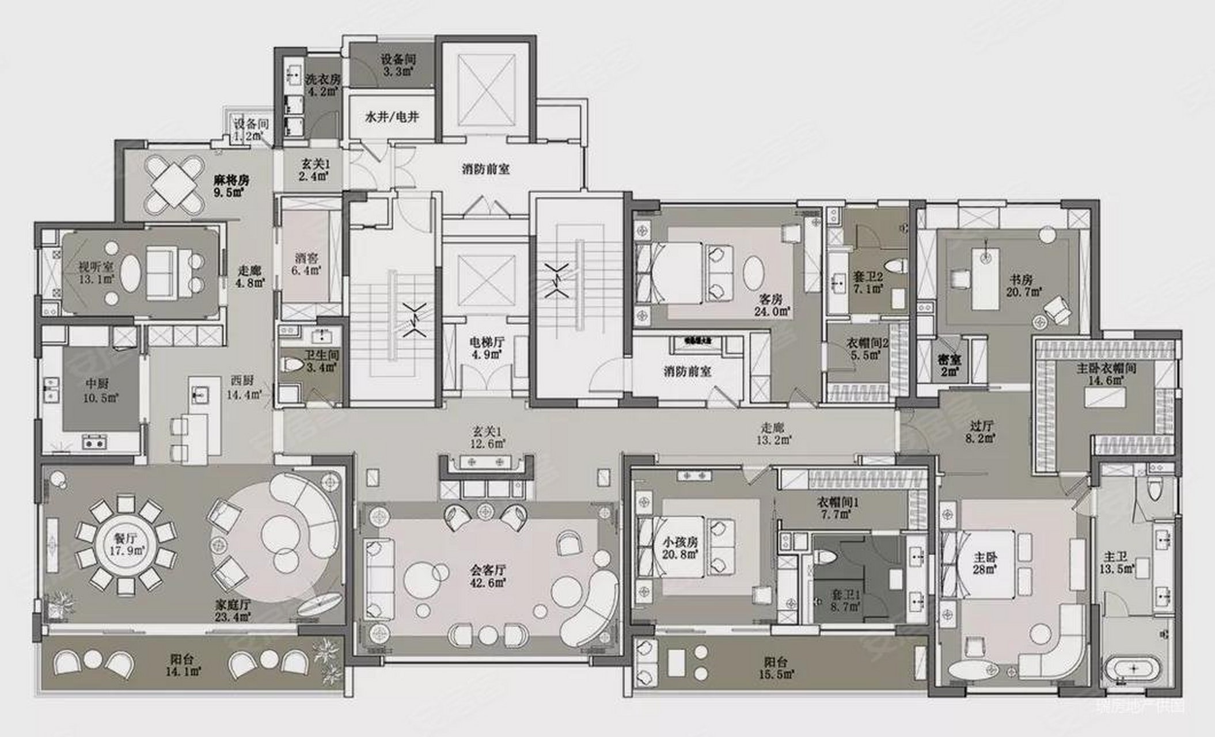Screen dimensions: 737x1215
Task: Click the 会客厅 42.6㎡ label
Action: click(488, 576)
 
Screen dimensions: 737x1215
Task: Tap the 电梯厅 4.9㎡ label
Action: click(487, 348)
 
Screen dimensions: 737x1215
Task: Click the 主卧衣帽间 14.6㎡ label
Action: click(1106, 374)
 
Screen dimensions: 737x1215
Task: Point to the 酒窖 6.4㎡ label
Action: click(305, 264)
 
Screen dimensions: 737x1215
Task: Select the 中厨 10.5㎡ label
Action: click(101, 390)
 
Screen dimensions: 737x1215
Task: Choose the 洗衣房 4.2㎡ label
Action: click(322, 85)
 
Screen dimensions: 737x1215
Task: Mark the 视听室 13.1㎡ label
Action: click(96, 273)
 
